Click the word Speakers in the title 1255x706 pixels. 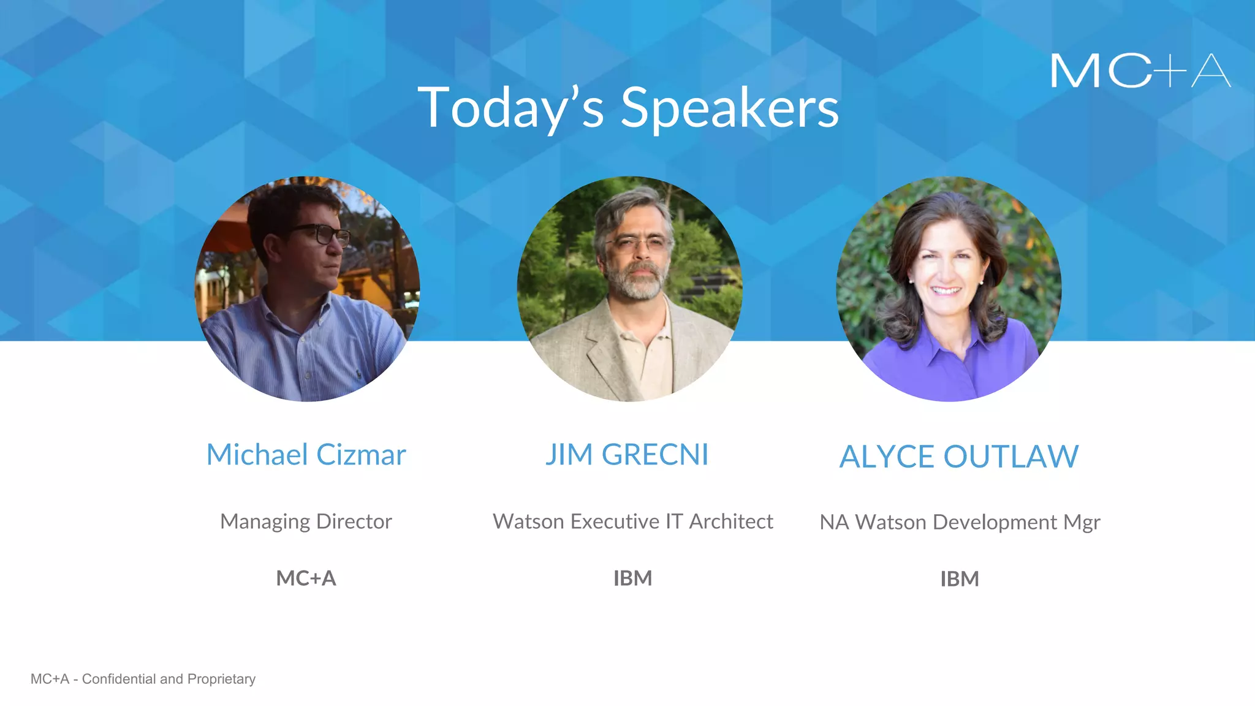click(x=729, y=108)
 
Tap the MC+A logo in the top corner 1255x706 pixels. click(x=1140, y=71)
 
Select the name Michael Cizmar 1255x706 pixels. click(x=306, y=455)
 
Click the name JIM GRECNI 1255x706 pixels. click(x=627, y=455)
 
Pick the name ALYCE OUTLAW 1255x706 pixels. click(x=959, y=457)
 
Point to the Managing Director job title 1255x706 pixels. click(x=306, y=522)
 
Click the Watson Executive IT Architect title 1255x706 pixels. click(x=633, y=522)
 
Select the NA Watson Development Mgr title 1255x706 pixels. click(x=960, y=522)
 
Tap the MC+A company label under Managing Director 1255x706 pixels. click(x=306, y=578)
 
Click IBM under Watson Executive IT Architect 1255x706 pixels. click(x=632, y=578)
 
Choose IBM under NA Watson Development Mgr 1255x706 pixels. click(x=960, y=579)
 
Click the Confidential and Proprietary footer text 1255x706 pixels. click(x=143, y=679)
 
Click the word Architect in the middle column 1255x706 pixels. click(x=731, y=522)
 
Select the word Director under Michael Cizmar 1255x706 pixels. click(x=354, y=522)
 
